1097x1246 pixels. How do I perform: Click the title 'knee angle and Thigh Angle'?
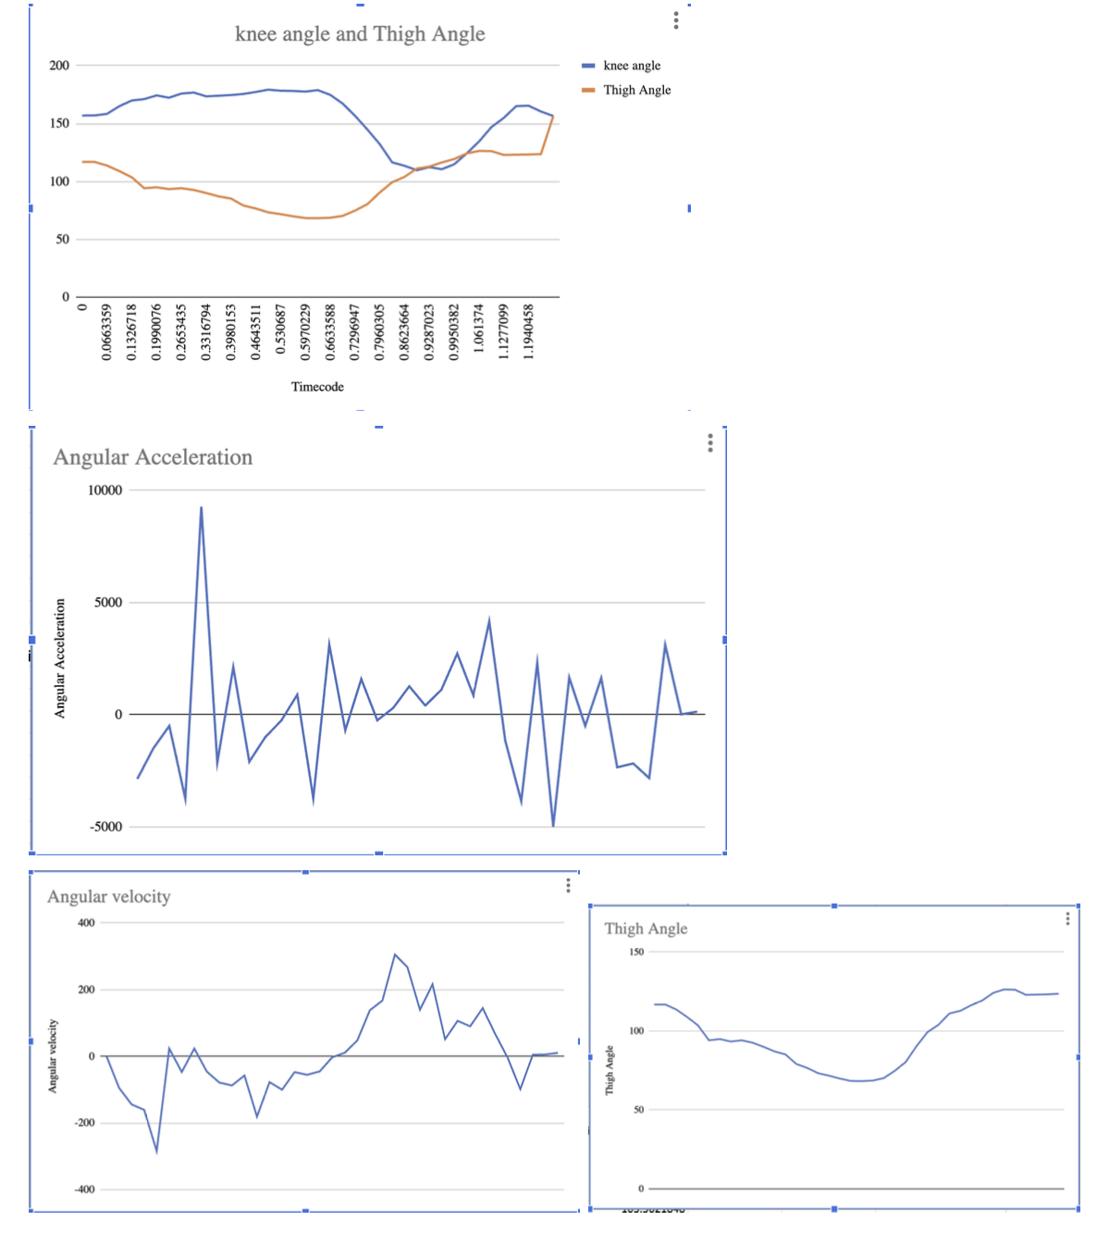pyautogui.click(x=360, y=34)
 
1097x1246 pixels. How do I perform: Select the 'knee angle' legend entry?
pyautogui.click(x=632, y=66)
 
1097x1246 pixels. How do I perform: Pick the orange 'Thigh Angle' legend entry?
pyautogui.click(x=636, y=90)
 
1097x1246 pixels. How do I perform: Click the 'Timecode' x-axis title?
pyautogui.click(x=317, y=387)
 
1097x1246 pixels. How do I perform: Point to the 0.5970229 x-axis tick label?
pyautogui.click(x=306, y=331)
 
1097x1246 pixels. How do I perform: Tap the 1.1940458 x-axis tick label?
pyautogui.click(x=529, y=331)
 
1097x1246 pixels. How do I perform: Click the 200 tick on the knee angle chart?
pyautogui.click(x=59, y=66)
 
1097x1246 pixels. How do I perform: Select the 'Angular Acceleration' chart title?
pyautogui.click(x=153, y=457)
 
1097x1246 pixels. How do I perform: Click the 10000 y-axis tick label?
pyautogui.click(x=105, y=491)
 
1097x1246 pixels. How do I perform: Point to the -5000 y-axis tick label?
pyautogui.click(x=105, y=827)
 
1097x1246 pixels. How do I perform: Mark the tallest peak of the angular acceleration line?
pyautogui.click(x=201, y=507)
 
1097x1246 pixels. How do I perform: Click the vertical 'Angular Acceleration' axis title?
pyautogui.click(x=60, y=658)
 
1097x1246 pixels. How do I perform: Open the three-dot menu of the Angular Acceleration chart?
pyautogui.click(x=710, y=442)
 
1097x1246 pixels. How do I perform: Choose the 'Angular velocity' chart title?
pyautogui.click(x=109, y=897)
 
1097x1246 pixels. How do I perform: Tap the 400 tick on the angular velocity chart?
pyautogui.click(x=86, y=923)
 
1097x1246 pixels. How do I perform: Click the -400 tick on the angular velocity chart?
pyautogui.click(x=84, y=1190)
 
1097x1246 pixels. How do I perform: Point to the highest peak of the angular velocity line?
pyautogui.click(x=395, y=954)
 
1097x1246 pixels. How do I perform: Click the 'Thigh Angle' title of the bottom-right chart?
pyautogui.click(x=646, y=928)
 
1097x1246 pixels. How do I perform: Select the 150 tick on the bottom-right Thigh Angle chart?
pyautogui.click(x=636, y=952)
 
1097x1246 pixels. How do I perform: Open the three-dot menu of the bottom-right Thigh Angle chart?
pyautogui.click(x=1067, y=918)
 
